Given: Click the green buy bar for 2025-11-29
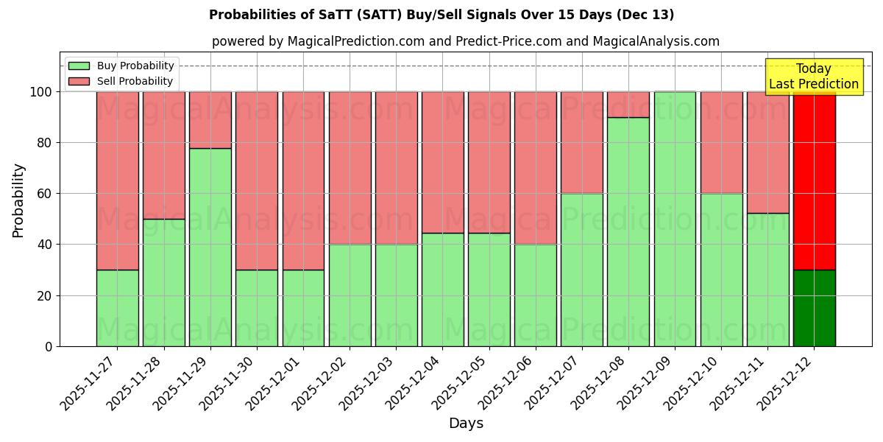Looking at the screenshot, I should coord(210,247).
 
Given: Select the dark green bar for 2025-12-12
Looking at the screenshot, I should coord(815,308).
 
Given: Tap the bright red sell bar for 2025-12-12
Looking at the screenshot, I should coord(815,180).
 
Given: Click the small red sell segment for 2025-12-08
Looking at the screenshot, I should coord(628,105).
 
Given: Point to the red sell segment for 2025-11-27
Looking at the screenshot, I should coord(118,180).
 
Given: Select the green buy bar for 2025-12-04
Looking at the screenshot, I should coord(443,290).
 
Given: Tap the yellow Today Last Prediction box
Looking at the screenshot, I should coord(813,77).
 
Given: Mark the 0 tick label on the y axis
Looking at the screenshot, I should coord(49,346).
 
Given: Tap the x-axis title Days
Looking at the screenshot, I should coord(466,424).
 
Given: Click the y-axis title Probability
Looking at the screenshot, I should coord(19,200).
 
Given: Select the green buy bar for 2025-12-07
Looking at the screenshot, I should coord(582,270).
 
